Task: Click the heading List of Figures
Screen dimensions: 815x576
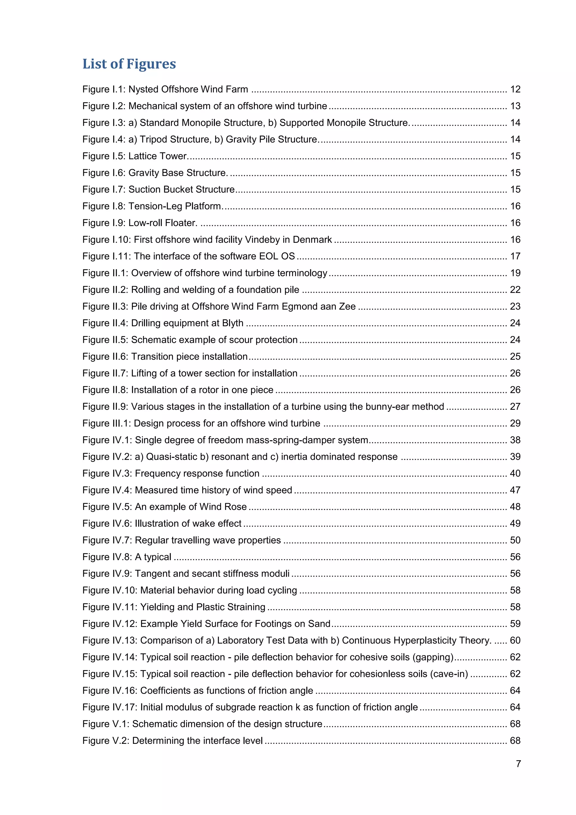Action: point(129,64)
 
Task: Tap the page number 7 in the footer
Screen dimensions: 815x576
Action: point(518,763)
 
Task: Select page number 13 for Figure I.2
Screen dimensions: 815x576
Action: point(515,106)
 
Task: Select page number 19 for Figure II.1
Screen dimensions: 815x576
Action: point(515,273)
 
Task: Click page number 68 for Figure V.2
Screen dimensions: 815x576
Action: point(515,741)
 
